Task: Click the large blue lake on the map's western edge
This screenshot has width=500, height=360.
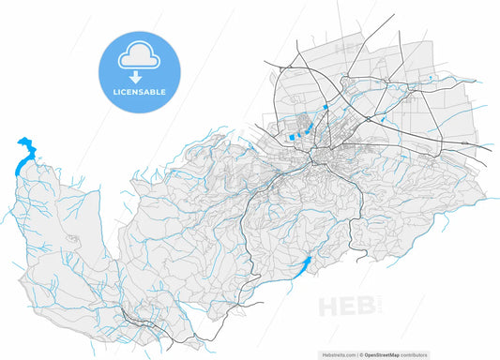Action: coord(23,155)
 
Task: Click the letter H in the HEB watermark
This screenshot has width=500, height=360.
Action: coord(331,306)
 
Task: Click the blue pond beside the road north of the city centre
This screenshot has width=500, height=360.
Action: coord(325,108)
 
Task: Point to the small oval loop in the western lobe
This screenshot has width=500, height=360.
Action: coord(72,240)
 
